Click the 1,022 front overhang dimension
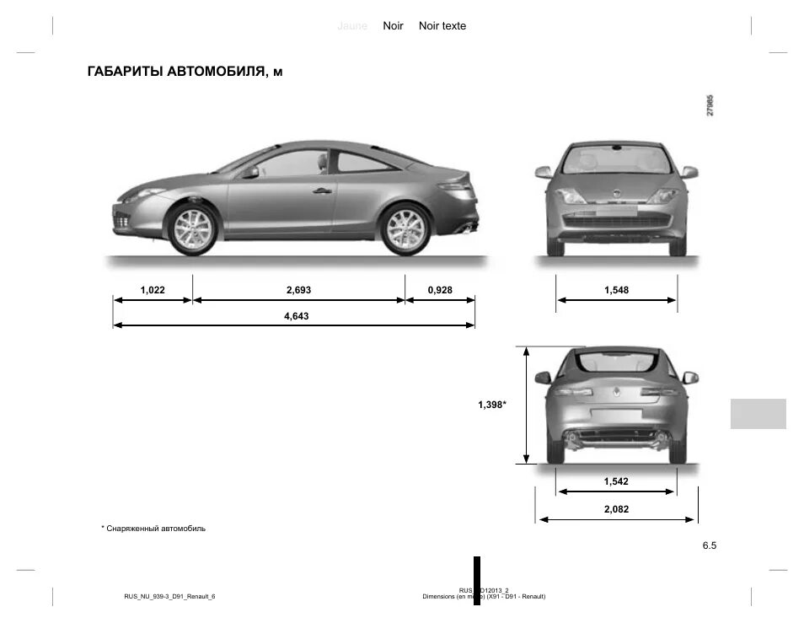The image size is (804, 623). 153,290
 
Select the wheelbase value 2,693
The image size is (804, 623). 298,290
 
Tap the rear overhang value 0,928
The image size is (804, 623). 440,290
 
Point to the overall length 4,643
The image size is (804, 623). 297,317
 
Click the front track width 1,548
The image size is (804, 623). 616,290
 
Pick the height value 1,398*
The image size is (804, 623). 492,405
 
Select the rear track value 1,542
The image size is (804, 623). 616,481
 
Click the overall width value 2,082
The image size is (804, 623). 616,509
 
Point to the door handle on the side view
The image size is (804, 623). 321,191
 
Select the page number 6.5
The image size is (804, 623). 709,545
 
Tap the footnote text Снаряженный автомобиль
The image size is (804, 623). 156,529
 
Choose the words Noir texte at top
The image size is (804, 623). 442,26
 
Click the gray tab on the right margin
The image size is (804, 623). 758,414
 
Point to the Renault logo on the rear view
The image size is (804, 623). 616,391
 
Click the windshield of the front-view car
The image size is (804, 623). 616,160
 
